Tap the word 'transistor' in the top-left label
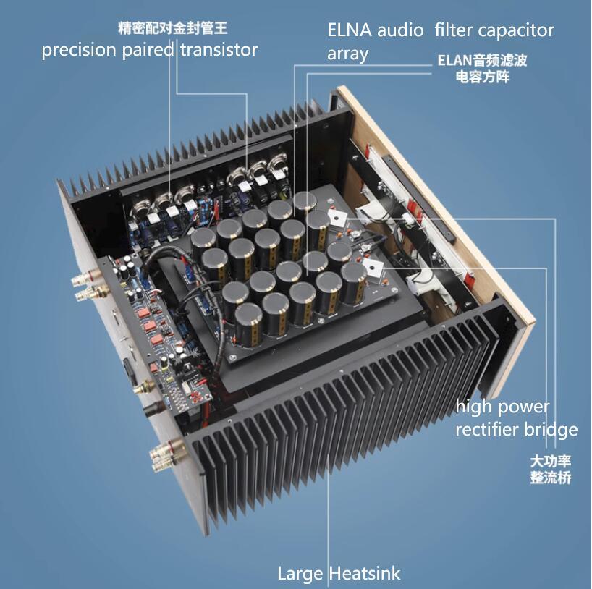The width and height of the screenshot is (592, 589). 217,50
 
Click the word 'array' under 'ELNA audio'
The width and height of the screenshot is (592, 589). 348,54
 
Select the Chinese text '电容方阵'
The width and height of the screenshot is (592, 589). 482,75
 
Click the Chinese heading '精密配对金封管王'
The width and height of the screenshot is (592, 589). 167,29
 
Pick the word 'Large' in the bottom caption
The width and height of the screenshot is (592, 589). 300,574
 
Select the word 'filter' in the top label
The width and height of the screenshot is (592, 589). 456,30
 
